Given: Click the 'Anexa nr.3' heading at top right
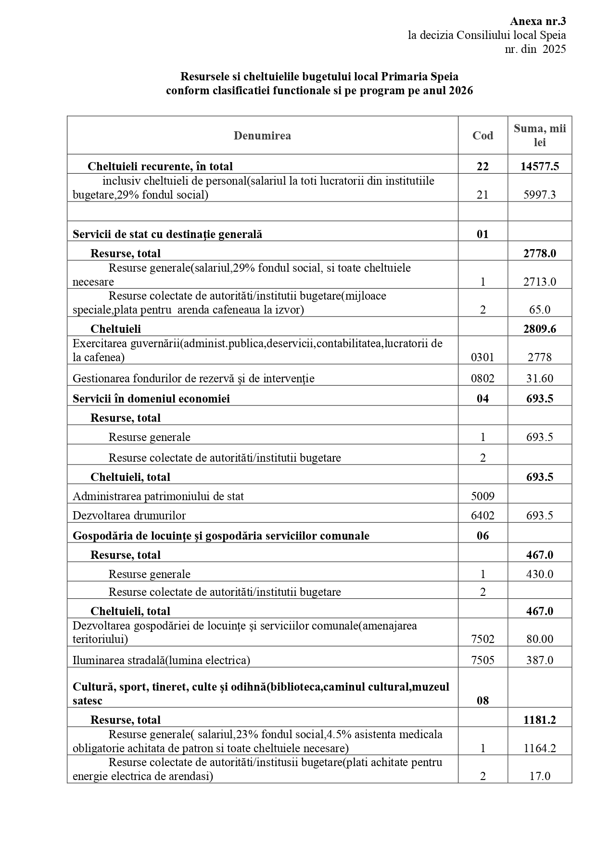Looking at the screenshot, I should (x=538, y=21).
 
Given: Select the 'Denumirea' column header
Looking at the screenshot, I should (x=262, y=136).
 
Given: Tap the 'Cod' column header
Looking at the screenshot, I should (x=483, y=136).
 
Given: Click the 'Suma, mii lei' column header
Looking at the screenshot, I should (x=540, y=135).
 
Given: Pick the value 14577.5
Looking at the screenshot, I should (x=540, y=166).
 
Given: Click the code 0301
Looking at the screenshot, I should (x=483, y=357).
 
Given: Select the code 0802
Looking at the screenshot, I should (x=483, y=378).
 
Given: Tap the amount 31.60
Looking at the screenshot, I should (x=540, y=378).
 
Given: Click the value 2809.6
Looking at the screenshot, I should (x=540, y=329).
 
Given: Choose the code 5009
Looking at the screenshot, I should (x=483, y=496).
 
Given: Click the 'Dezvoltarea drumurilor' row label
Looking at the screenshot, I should (x=129, y=516).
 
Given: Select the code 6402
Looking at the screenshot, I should (x=483, y=516).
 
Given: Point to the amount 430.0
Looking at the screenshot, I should (x=540, y=574).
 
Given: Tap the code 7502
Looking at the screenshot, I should (x=483, y=639).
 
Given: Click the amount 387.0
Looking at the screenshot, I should (x=540, y=660).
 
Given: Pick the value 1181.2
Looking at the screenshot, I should (x=540, y=719).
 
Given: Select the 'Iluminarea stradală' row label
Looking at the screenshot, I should (x=161, y=660).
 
